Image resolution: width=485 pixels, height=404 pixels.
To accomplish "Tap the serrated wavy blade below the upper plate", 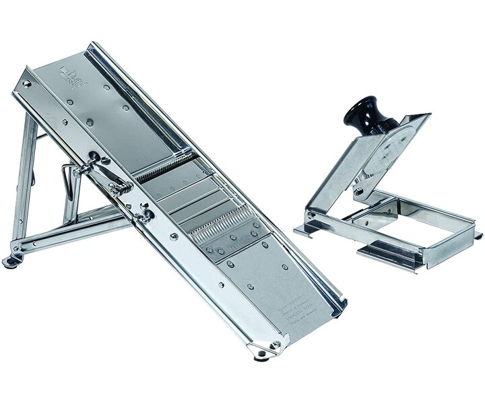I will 165,167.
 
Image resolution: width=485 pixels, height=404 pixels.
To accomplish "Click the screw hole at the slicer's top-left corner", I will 26,84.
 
